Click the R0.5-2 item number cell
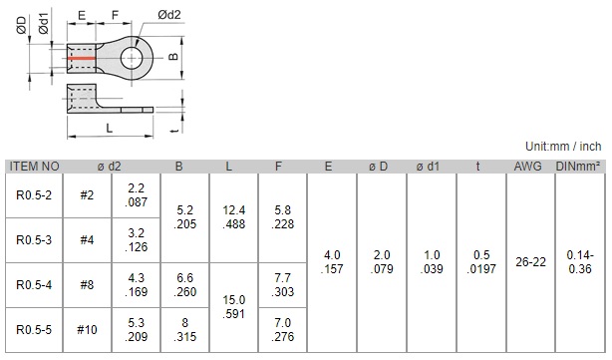click(x=34, y=195)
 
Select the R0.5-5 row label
click(x=34, y=330)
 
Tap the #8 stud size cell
click(x=87, y=285)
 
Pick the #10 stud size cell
click(x=87, y=330)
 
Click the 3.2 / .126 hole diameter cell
click(x=137, y=240)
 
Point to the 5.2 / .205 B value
click(x=185, y=217)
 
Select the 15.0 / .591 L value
click(x=234, y=307)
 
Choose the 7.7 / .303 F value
click(x=283, y=285)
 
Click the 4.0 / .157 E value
click(x=332, y=262)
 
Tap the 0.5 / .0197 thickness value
click(x=481, y=262)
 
